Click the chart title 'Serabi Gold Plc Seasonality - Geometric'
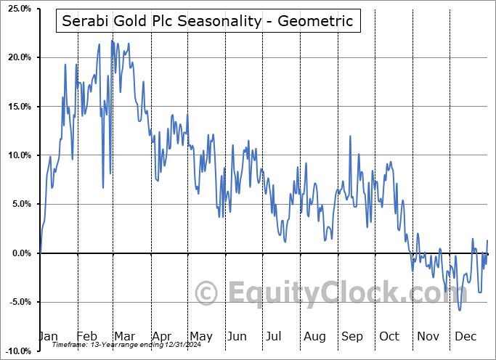[208, 21]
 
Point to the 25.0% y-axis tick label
[17, 9]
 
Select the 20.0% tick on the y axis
[17, 57]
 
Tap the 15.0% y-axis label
[17, 107]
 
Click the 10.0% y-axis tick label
[17, 155]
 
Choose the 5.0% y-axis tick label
[18, 204]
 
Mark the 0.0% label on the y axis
[18, 253]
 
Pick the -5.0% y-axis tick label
[17, 302]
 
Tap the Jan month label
[48, 337]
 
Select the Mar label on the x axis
[125, 337]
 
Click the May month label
[200, 337]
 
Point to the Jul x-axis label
[275, 337]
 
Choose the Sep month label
[352, 337]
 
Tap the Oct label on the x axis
[389, 337]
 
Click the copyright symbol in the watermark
[207, 293]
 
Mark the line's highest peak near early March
[112, 41]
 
